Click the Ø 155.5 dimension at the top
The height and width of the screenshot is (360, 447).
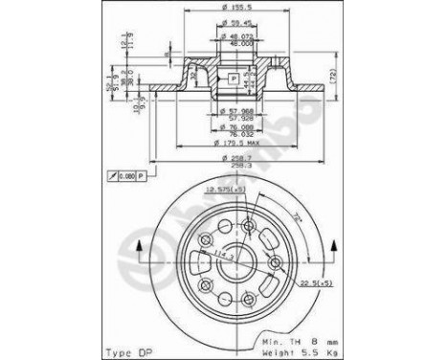(x=229, y=10)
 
